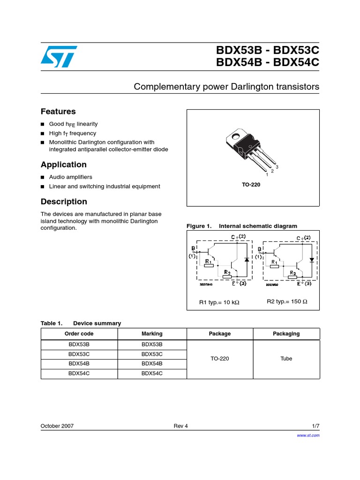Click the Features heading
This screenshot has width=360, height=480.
pos(58,112)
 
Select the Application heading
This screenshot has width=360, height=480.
pos(63,165)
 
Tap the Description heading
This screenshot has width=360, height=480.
pos(64,202)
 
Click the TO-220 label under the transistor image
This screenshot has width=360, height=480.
pos(251,185)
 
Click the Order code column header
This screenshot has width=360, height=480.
pos(79,334)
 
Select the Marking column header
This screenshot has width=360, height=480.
pos(152,334)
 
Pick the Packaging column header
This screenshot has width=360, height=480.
pos(286,334)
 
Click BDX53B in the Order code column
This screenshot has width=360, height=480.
pos(79,345)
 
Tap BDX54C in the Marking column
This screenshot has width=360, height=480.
pos(152,374)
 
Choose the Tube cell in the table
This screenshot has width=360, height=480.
pos(286,359)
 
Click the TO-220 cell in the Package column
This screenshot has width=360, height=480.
pos(220,359)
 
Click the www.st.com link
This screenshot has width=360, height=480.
pos(308,435)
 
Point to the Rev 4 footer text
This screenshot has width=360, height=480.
pos(180,426)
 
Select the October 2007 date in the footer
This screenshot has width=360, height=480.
pos(57,426)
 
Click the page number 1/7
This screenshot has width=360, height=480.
pos(316,426)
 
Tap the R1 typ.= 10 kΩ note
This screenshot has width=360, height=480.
pos(219,302)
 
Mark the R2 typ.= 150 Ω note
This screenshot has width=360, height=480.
pos(287,301)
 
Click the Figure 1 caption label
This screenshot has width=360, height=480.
pos(199,226)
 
